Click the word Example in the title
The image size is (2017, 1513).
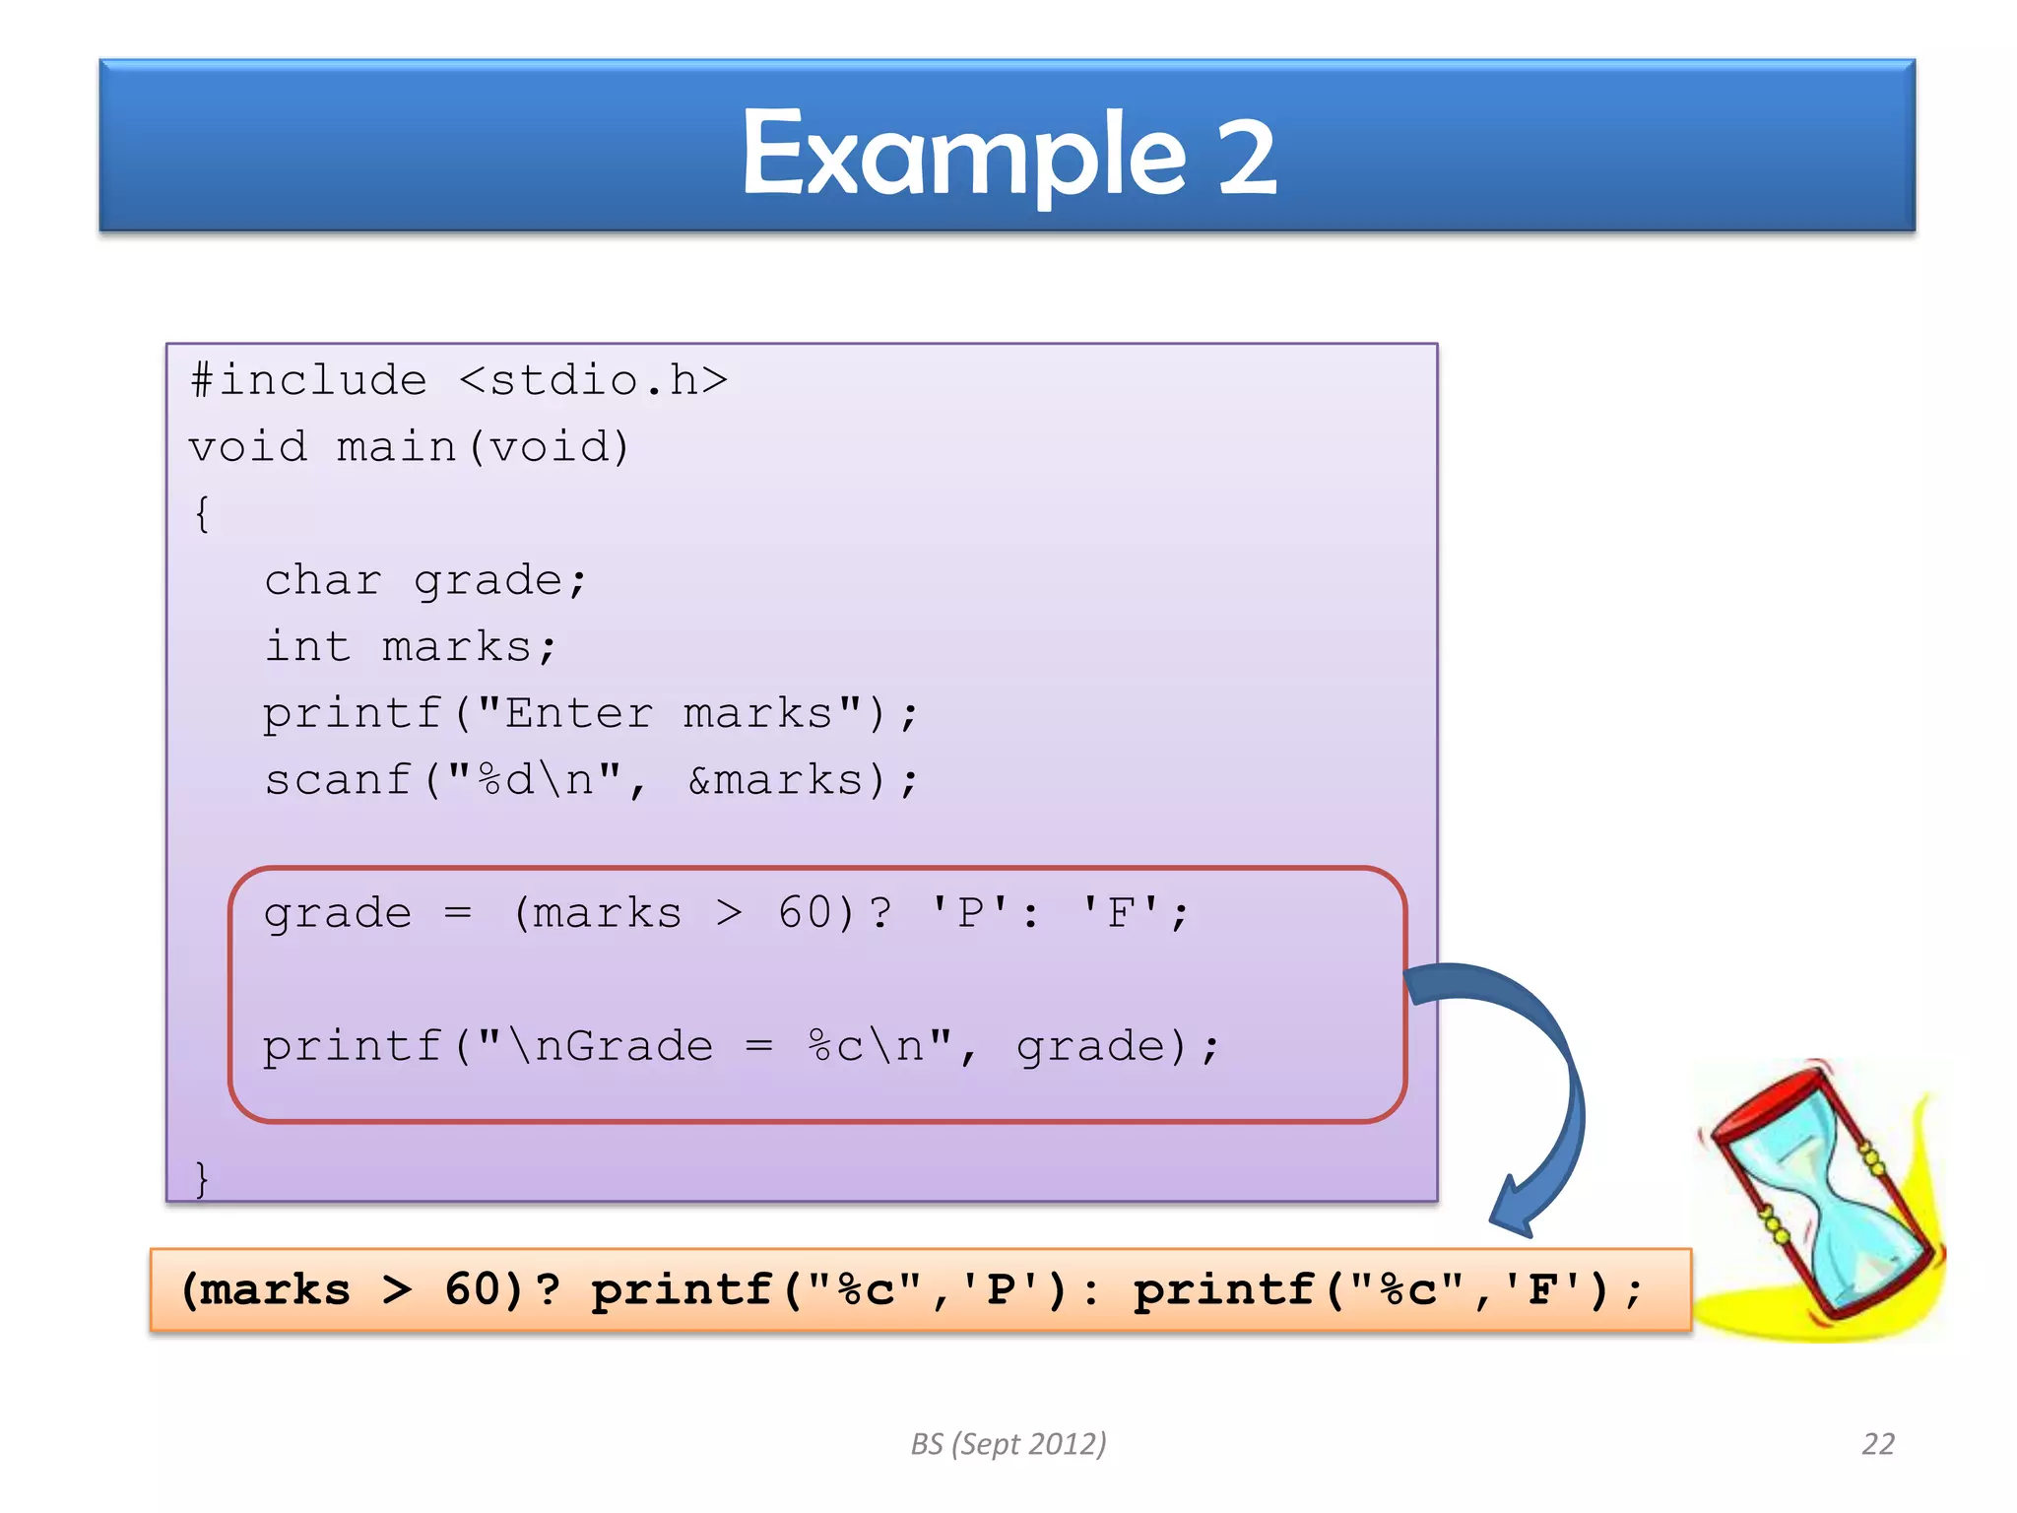coord(963,156)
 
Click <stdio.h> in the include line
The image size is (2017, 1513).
coord(593,381)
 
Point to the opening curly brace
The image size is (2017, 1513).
coord(202,513)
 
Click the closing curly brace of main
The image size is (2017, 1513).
coord(202,1178)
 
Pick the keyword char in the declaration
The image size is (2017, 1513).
coord(323,581)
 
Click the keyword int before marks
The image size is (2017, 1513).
coord(307,647)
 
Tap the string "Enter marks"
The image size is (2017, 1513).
coord(669,713)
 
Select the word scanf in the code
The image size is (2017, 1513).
coord(338,780)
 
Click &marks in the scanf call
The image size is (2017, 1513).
coord(775,780)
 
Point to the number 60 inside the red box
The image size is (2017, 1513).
coord(806,913)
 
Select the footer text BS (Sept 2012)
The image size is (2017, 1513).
coord(1008,1444)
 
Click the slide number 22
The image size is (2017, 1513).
coord(1878,1444)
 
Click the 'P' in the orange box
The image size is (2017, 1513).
coord(1001,1290)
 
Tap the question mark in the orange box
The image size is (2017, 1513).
coord(548,1290)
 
